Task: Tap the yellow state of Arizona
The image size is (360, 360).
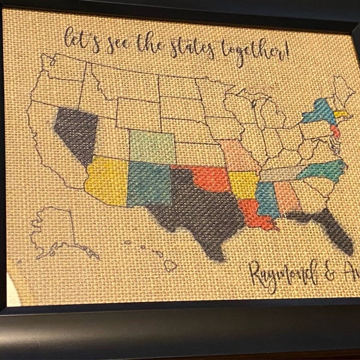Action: pyautogui.click(x=107, y=180)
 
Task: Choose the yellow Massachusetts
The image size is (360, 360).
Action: pyautogui.click(x=343, y=113)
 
